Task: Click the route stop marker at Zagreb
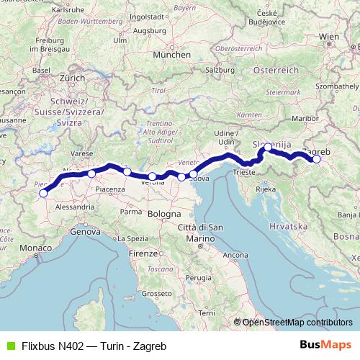[x=316, y=160]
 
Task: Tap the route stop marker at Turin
[x=43, y=193]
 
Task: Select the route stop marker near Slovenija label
[x=268, y=148]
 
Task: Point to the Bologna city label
[x=165, y=215]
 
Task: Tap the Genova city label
[x=84, y=232]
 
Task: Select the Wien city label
[x=328, y=35]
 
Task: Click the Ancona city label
[x=235, y=255]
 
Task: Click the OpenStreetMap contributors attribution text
[x=297, y=323]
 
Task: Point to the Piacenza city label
[x=109, y=188]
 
